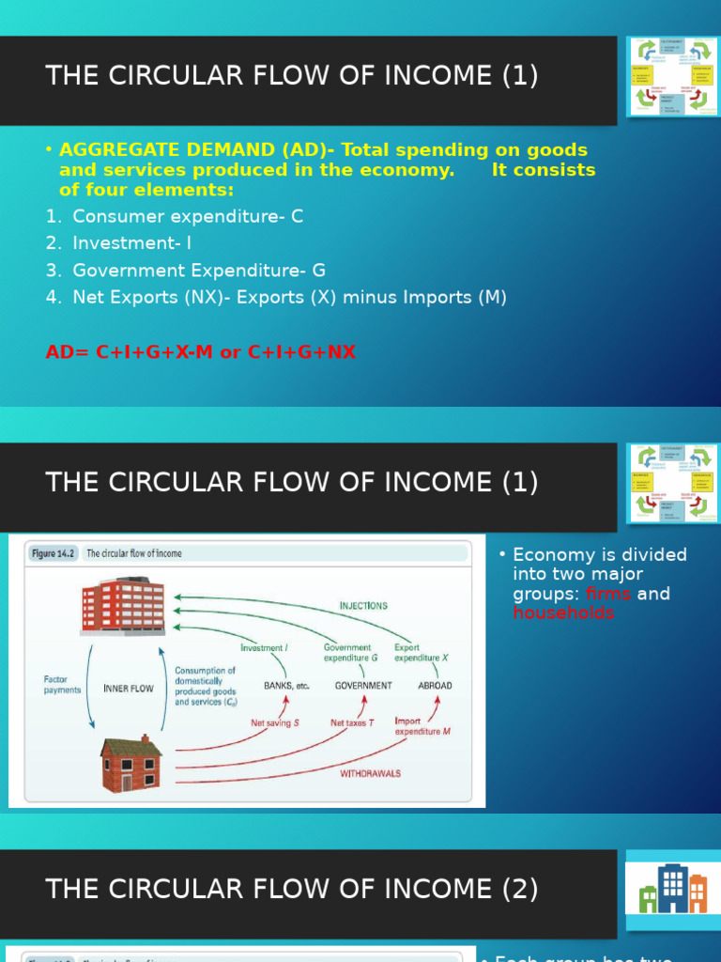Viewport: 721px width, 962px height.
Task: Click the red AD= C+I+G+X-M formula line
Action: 201,352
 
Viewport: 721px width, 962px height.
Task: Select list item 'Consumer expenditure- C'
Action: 188,216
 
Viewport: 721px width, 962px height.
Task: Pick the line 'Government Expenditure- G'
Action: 199,271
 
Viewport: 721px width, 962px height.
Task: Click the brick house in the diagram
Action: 131,764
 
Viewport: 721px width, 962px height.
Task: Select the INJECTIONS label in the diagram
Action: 363,606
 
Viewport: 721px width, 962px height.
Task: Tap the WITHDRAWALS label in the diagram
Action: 369,773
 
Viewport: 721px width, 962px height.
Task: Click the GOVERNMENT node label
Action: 363,686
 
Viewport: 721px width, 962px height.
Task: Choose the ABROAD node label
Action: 435,686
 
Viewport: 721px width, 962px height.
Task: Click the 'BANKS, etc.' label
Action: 286,686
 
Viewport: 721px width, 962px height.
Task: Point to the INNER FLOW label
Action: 129,689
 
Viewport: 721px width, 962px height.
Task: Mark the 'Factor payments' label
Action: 63,684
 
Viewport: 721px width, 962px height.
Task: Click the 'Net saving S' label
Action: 275,723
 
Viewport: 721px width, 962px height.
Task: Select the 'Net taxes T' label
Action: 353,723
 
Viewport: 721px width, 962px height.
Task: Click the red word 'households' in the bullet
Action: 563,613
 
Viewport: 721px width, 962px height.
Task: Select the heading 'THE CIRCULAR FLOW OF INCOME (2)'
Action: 292,890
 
